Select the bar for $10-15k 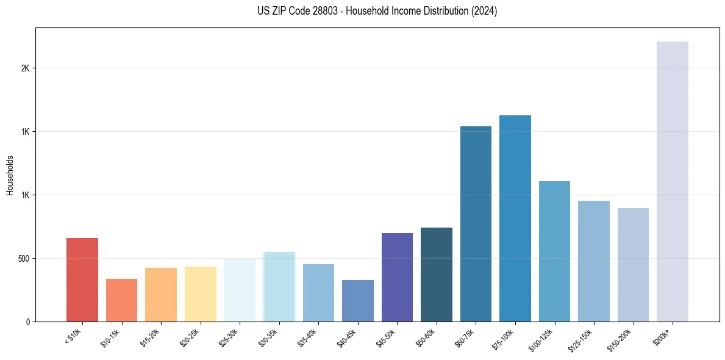pyautogui.click(x=121, y=300)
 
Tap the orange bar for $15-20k pyautogui.click(x=161, y=295)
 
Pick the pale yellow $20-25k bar pyautogui.click(x=200, y=294)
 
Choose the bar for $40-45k pyautogui.click(x=358, y=301)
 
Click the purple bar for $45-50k pyautogui.click(x=397, y=277)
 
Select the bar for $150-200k pyautogui.click(x=633, y=265)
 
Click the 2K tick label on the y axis pyautogui.click(x=26, y=68)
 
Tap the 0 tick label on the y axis pyautogui.click(x=28, y=322)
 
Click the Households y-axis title pyautogui.click(x=10, y=175)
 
